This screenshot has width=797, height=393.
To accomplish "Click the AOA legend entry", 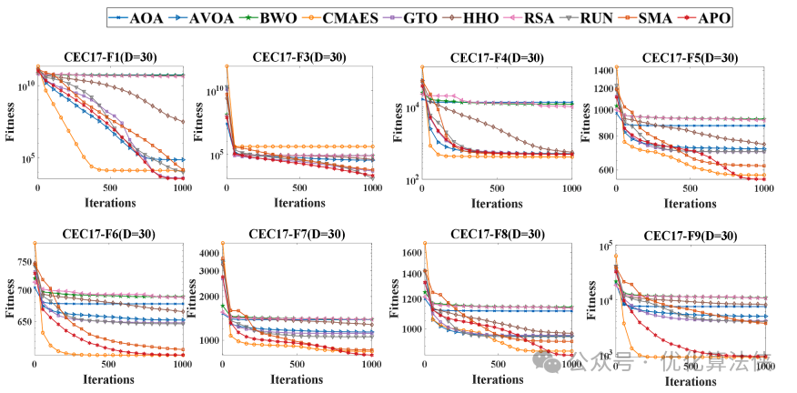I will pyautogui.click(x=136, y=17).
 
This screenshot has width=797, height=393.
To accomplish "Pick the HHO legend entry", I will pyautogui.click(x=488, y=17).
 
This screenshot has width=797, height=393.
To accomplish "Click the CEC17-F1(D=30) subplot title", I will pyautogui.click(x=110, y=57).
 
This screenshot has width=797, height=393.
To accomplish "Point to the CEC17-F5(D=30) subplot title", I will pyautogui.click(x=690, y=57).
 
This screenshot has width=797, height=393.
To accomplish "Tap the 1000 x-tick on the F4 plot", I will pyautogui.click(x=570, y=187).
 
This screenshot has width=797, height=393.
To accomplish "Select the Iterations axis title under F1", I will pyautogui.click(x=111, y=202).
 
